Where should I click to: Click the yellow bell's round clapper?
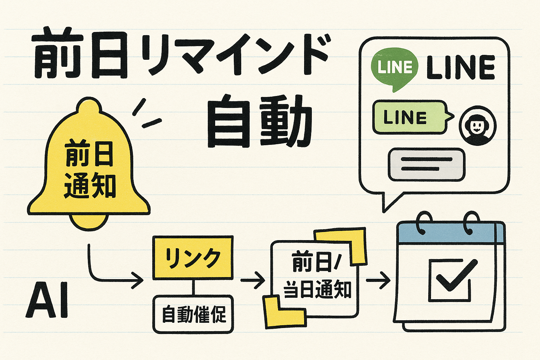89,221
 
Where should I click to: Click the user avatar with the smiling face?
477,126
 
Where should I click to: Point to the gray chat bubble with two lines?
426,165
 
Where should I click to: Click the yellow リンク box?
193,258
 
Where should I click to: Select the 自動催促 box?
193,314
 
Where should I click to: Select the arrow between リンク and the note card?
253,280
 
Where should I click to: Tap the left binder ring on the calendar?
425,223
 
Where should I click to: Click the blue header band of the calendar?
451,233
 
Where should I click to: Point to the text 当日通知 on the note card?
317,290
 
